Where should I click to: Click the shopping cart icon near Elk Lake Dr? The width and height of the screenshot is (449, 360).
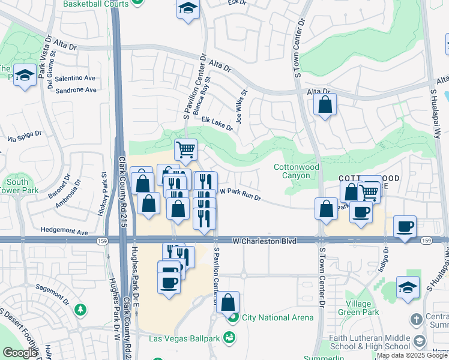point(186,149)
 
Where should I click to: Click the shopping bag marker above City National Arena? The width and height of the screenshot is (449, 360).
point(228,302)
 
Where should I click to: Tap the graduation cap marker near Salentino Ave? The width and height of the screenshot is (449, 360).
point(25,75)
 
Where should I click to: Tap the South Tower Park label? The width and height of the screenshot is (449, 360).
point(17,187)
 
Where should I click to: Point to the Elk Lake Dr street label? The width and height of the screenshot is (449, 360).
point(217,125)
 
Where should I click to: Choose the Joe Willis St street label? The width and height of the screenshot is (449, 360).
point(241,106)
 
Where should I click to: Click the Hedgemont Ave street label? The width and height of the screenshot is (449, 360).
point(65,231)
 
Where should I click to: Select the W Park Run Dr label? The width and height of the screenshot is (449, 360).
point(241,194)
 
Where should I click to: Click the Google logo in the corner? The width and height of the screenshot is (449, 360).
point(20,353)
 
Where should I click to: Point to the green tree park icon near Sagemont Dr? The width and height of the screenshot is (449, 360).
point(80,310)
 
